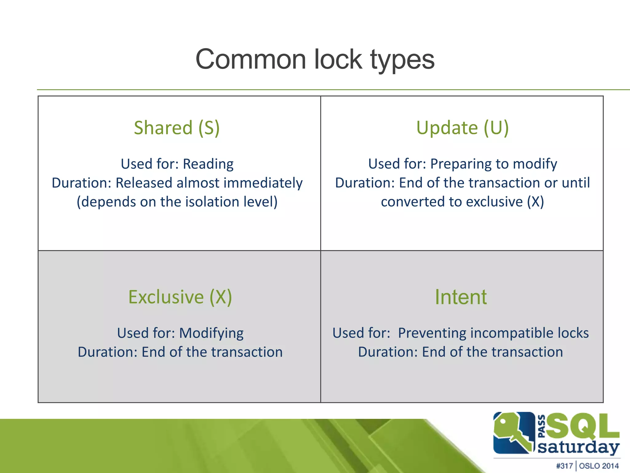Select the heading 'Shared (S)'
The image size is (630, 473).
(x=177, y=127)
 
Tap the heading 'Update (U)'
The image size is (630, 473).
(x=462, y=127)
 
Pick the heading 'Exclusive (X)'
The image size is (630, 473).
(x=180, y=297)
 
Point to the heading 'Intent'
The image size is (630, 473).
(x=461, y=297)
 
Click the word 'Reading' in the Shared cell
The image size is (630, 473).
(x=208, y=164)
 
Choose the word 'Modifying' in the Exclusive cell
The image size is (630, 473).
(x=211, y=333)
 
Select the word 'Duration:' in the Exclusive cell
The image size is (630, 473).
(x=107, y=352)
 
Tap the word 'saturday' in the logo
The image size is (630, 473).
(x=578, y=447)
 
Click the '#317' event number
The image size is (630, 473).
(x=564, y=466)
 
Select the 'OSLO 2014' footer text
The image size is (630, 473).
(x=599, y=466)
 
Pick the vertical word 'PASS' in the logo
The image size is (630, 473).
(x=542, y=426)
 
